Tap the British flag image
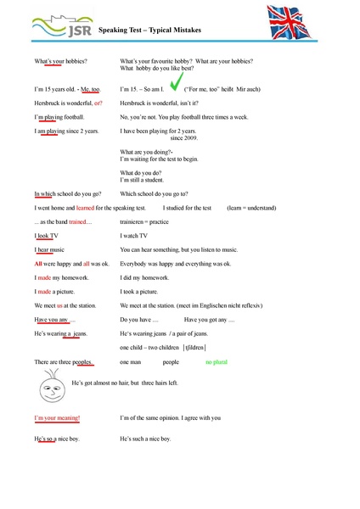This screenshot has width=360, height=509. point(298,23)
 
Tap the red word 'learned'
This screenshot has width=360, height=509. point(85,207)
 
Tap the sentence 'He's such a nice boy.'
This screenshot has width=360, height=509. point(145,439)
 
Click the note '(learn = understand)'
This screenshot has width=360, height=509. point(253,207)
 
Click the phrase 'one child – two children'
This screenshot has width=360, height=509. point(149,347)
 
